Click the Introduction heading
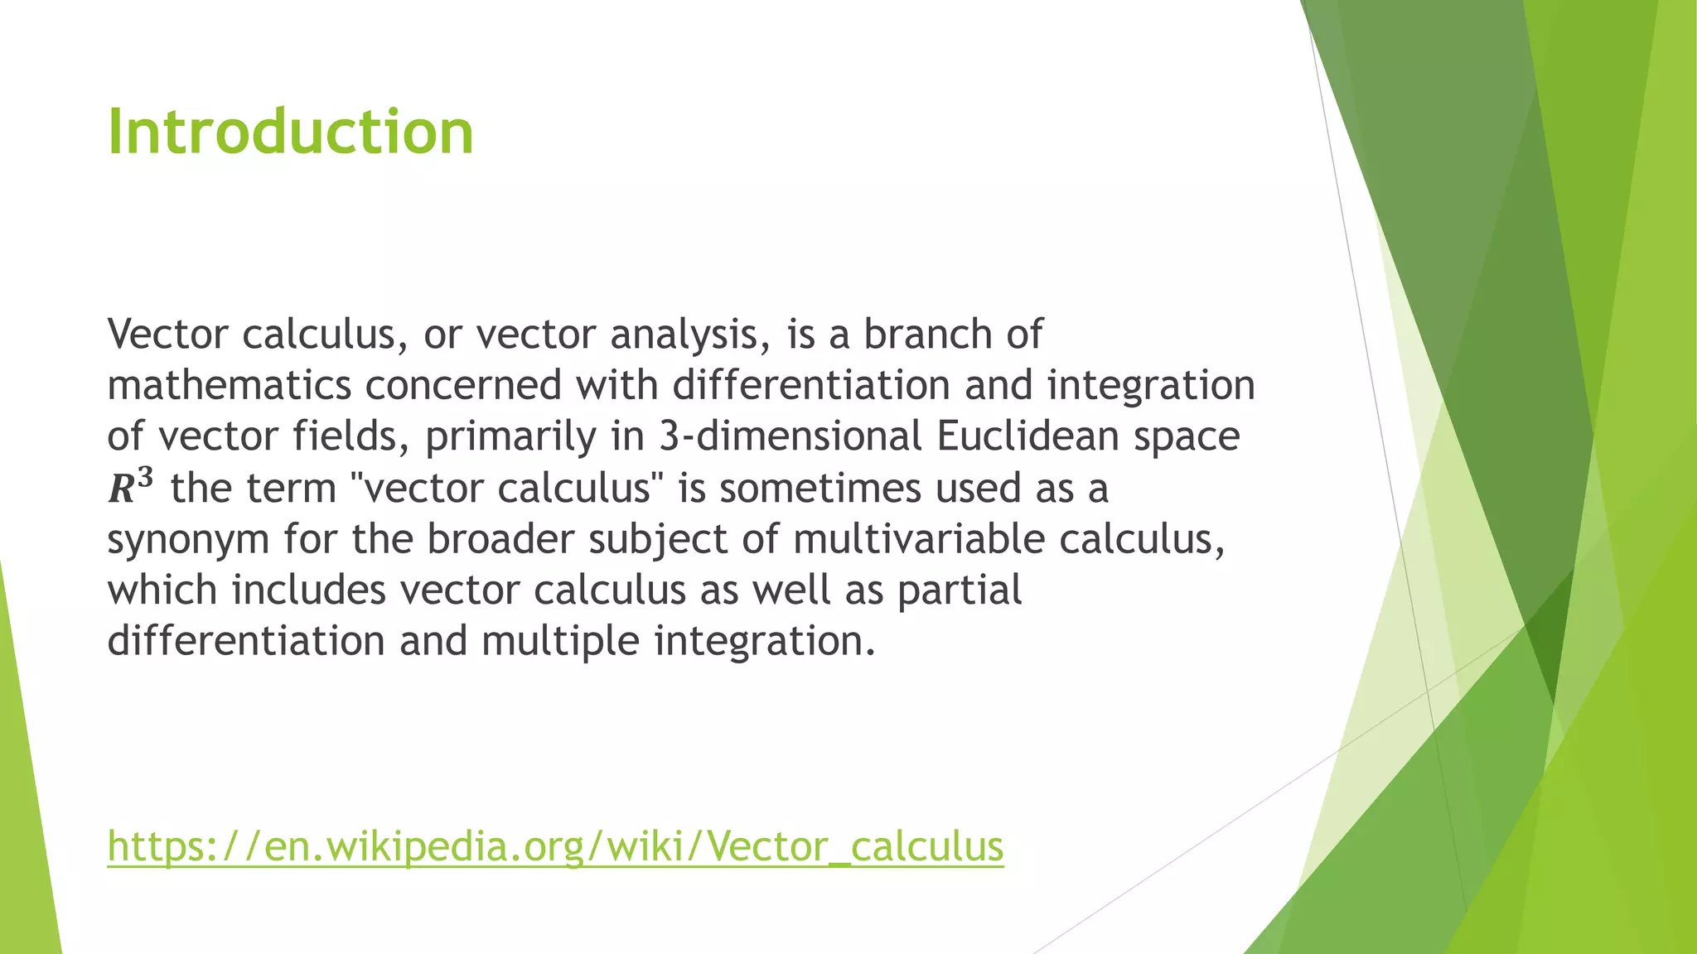click(x=290, y=132)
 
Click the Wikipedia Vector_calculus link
click(x=555, y=846)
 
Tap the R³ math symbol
click(x=130, y=487)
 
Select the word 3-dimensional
click(x=790, y=436)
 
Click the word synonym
click(x=188, y=540)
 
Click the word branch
click(x=927, y=335)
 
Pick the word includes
click(x=308, y=590)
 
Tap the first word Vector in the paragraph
click(x=167, y=335)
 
